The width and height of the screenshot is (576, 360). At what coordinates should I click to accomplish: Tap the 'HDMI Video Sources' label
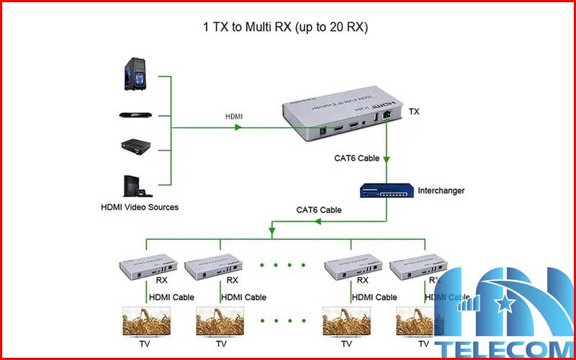click(x=139, y=207)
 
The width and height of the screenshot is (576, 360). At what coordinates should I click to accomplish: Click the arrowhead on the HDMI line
click(x=237, y=128)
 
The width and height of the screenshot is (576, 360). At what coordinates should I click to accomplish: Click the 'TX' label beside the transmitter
click(x=413, y=112)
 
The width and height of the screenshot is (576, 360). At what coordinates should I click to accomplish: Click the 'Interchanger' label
click(x=441, y=191)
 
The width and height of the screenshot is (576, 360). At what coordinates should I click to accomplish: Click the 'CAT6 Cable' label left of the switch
click(x=319, y=210)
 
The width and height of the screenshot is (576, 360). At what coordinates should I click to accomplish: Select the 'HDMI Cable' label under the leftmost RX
click(x=171, y=297)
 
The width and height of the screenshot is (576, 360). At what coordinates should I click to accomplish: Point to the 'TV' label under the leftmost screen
click(x=146, y=344)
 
